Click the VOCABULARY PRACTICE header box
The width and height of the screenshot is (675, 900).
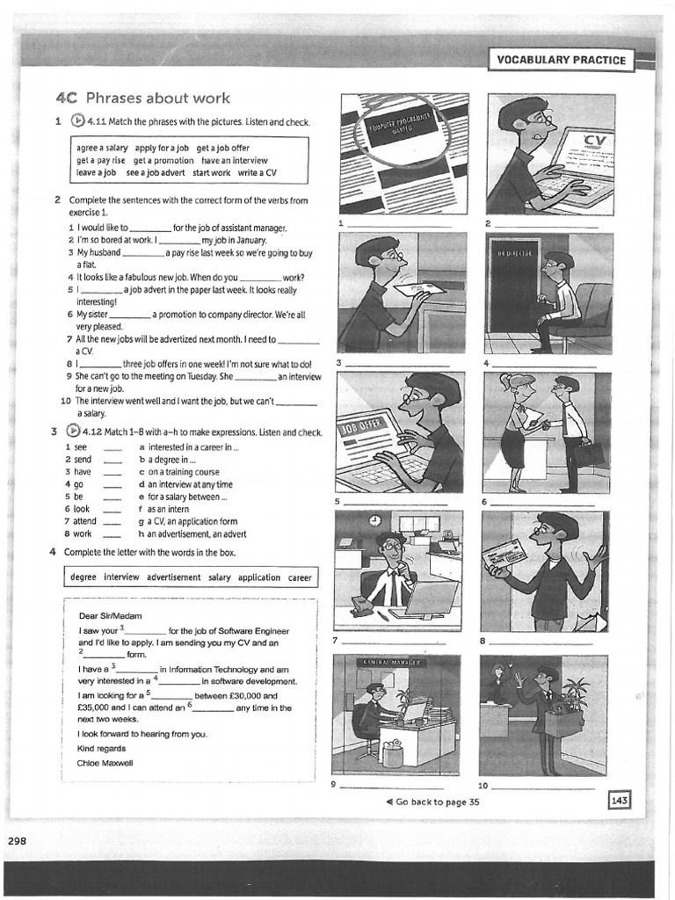[562, 60]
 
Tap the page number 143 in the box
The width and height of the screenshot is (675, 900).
[619, 801]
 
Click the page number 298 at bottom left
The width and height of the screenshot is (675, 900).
[18, 840]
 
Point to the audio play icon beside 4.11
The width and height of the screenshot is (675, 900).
[76, 121]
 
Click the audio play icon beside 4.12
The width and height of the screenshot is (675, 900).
[76, 432]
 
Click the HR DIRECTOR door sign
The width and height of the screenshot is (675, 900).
[515, 253]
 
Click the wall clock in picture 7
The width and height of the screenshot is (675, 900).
[374, 520]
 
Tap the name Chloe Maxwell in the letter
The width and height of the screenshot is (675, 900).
[105, 763]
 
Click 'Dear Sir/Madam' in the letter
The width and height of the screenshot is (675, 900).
[110, 616]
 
